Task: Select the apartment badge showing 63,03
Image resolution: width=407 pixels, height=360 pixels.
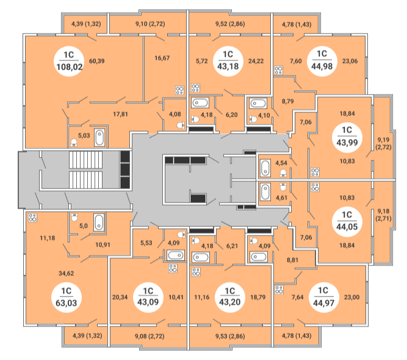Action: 69,295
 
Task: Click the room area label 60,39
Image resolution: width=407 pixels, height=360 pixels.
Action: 98,61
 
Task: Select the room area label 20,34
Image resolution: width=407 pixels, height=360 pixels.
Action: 121,298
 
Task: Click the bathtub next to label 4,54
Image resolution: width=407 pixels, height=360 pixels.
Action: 265,167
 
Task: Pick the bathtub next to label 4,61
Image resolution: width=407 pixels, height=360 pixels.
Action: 265,192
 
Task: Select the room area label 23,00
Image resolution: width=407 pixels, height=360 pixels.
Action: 351,298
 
